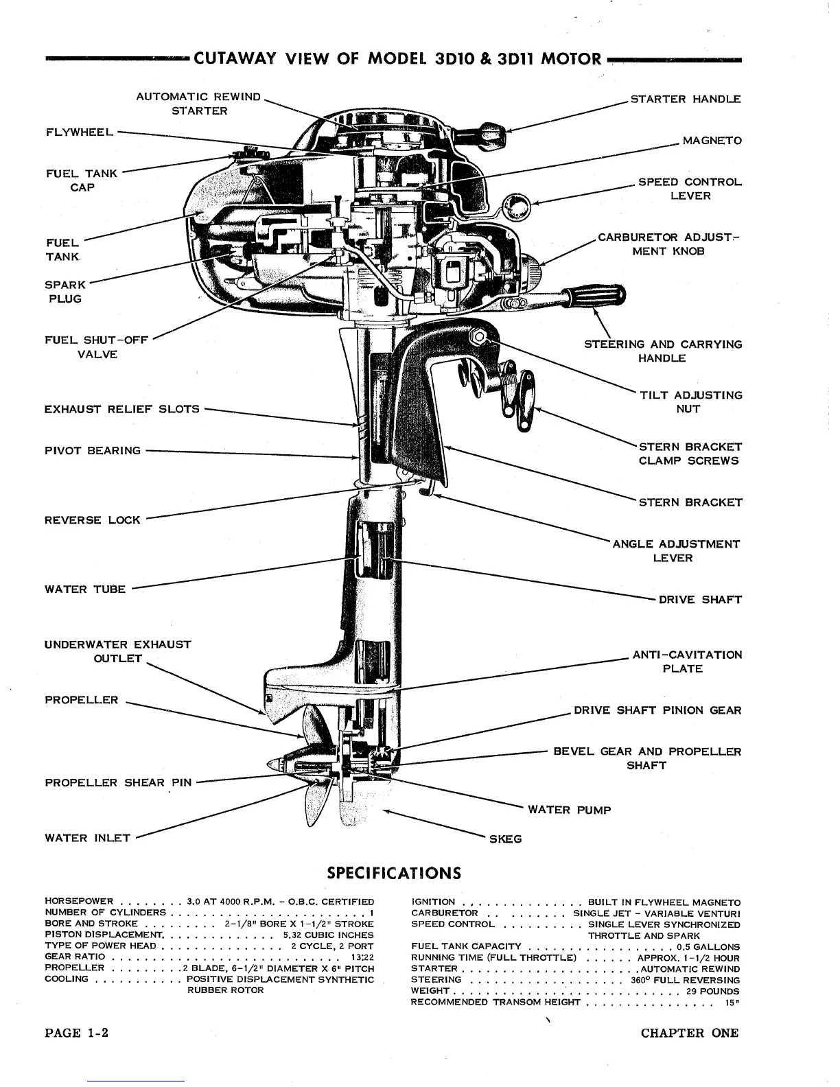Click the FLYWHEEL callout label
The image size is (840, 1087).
click(75, 132)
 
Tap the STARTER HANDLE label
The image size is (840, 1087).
click(685, 99)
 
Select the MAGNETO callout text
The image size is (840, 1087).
click(712, 141)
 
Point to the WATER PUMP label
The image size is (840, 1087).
click(569, 810)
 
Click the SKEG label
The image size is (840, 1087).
click(504, 839)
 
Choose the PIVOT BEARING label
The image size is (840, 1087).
click(92, 451)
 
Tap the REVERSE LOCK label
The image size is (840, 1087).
click(92, 519)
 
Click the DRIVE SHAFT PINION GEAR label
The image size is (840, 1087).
click(657, 710)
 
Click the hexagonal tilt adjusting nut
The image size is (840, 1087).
click(478, 336)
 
